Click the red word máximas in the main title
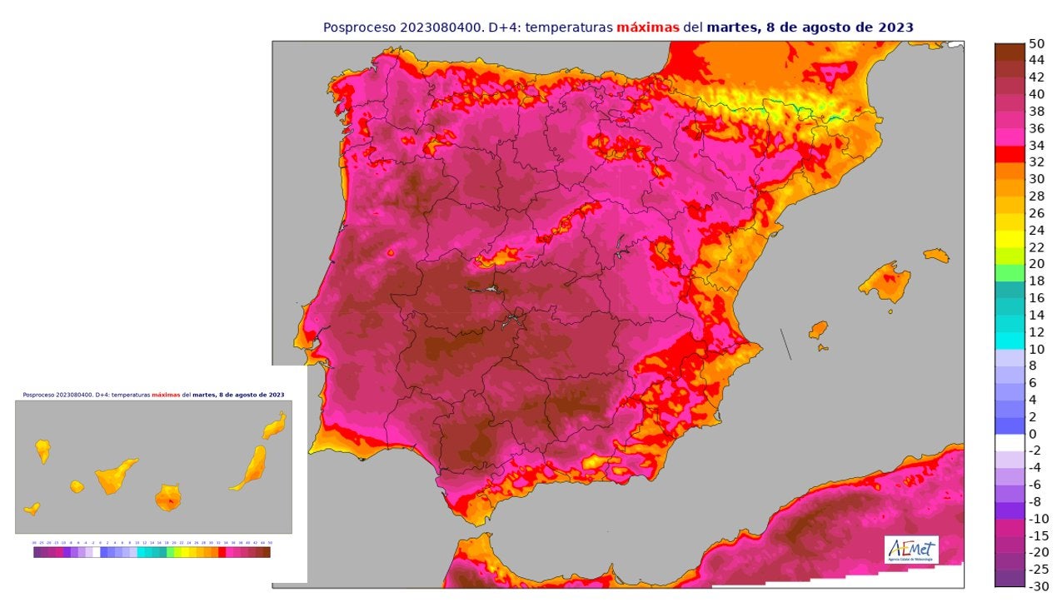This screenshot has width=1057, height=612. point(647,27)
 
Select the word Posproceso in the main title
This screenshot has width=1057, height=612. point(360,27)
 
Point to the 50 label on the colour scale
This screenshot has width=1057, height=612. point(1036,43)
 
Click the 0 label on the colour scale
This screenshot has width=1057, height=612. point(1033,434)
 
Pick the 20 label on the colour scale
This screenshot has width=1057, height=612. point(1036,264)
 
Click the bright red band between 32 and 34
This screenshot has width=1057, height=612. point(1010,153)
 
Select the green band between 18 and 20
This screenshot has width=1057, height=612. point(1010,272)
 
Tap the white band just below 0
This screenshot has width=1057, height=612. point(1010,442)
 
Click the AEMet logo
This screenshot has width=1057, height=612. point(911,550)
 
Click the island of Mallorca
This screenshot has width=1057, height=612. point(885,281)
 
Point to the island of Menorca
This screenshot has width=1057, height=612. point(936,255)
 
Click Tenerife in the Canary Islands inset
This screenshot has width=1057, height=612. point(116,475)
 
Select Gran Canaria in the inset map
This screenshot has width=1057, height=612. point(168,498)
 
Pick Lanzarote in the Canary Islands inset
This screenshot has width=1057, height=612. point(274,425)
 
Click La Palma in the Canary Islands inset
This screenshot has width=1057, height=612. point(42,450)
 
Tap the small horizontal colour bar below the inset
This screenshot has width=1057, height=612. point(152,551)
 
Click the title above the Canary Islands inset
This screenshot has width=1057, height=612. point(153,395)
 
